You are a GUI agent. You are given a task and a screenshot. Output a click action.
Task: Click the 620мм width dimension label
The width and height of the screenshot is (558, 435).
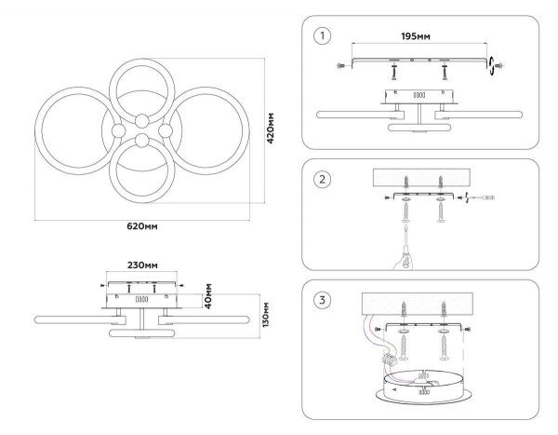tap(140, 227)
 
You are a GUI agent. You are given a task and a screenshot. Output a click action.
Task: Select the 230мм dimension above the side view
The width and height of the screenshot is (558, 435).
tap(141, 265)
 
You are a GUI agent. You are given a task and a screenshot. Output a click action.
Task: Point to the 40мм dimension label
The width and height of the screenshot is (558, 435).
tap(209, 297)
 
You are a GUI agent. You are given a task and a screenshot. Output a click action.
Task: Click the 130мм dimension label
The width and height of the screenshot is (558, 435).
tap(266, 316)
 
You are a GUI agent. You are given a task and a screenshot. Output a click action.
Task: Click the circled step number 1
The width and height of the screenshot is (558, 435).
tap(322, 37)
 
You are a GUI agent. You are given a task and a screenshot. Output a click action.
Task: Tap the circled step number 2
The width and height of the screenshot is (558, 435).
tap(322, 178)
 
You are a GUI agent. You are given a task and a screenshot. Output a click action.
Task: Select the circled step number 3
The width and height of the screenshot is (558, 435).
tap(322, 301)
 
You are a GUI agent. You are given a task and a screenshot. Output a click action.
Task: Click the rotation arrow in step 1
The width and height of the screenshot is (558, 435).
tap(489, 64)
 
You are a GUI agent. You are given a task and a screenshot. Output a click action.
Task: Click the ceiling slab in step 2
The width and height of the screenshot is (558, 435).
tap(423, 178)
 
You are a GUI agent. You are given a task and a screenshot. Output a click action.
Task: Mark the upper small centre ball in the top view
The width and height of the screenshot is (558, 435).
tap(140, 119)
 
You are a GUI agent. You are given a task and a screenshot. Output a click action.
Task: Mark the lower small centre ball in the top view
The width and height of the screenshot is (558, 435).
tap(141, 141)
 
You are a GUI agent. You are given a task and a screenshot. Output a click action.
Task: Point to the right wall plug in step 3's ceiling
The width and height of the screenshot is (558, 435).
tap(445, 308)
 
